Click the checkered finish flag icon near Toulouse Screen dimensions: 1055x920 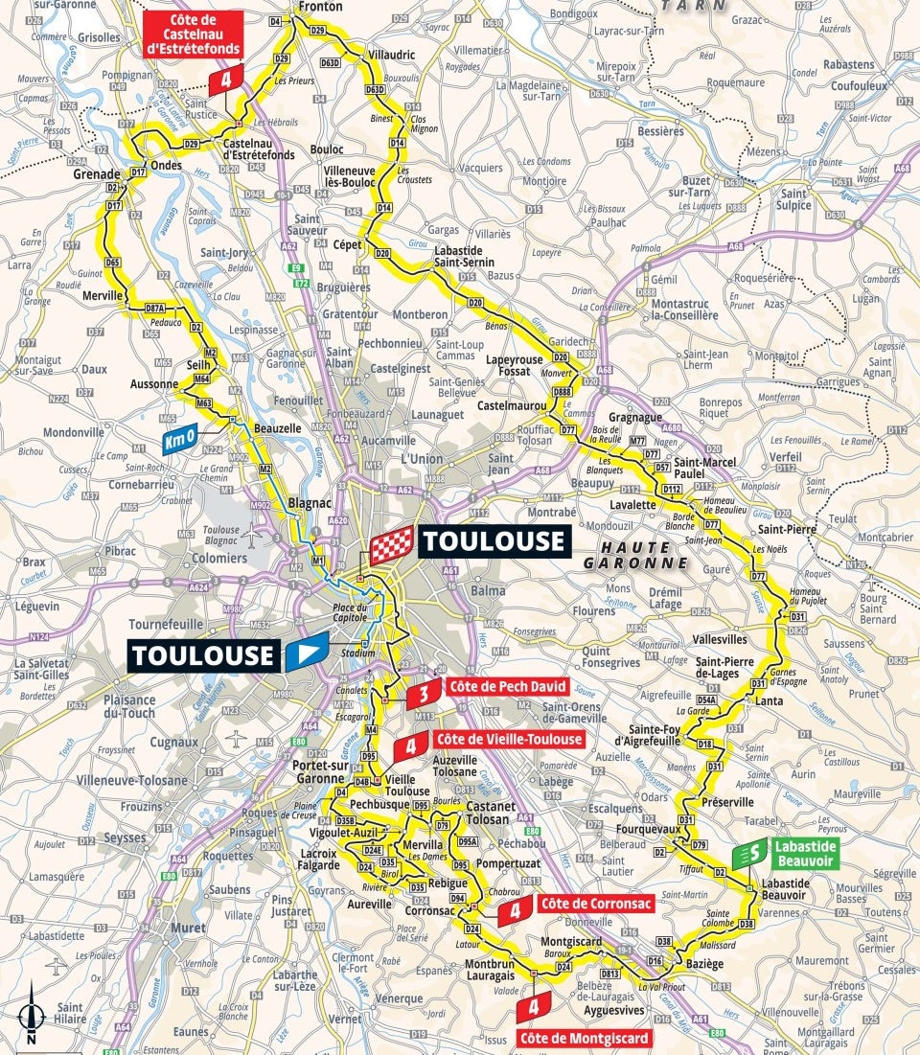click(391, 543)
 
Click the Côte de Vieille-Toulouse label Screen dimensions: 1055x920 click(508, 739)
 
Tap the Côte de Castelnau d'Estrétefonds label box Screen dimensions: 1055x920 click(192, 34)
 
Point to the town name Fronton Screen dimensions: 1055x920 click(321, 7)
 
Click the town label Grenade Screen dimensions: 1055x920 click(97, 174)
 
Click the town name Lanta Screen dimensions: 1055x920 click(769, 700)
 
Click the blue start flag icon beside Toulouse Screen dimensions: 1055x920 click(307, 655)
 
